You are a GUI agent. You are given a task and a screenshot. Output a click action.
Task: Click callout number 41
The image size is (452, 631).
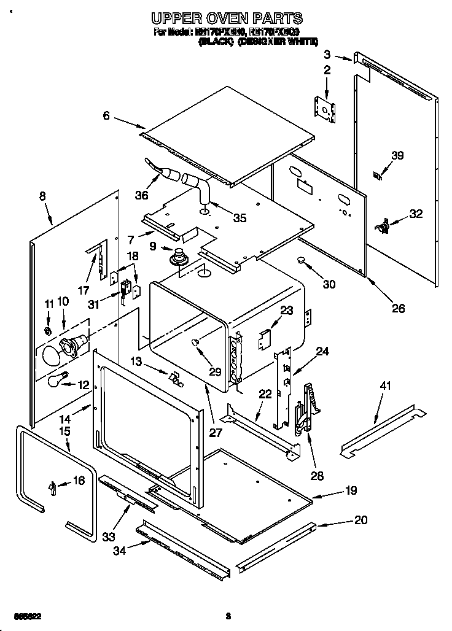385,387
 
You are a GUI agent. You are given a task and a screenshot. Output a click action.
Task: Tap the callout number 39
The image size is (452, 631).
397,156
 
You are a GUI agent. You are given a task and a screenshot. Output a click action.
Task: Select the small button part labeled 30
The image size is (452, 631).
302,261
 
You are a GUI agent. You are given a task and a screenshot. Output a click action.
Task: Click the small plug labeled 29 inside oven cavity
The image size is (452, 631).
195,342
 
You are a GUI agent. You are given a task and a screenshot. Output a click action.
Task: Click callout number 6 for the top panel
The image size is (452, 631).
106,115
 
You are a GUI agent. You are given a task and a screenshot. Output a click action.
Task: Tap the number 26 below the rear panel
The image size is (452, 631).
398,308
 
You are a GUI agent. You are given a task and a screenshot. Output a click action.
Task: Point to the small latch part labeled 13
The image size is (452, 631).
176,378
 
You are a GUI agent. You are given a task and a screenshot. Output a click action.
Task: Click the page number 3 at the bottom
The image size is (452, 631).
227,616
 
